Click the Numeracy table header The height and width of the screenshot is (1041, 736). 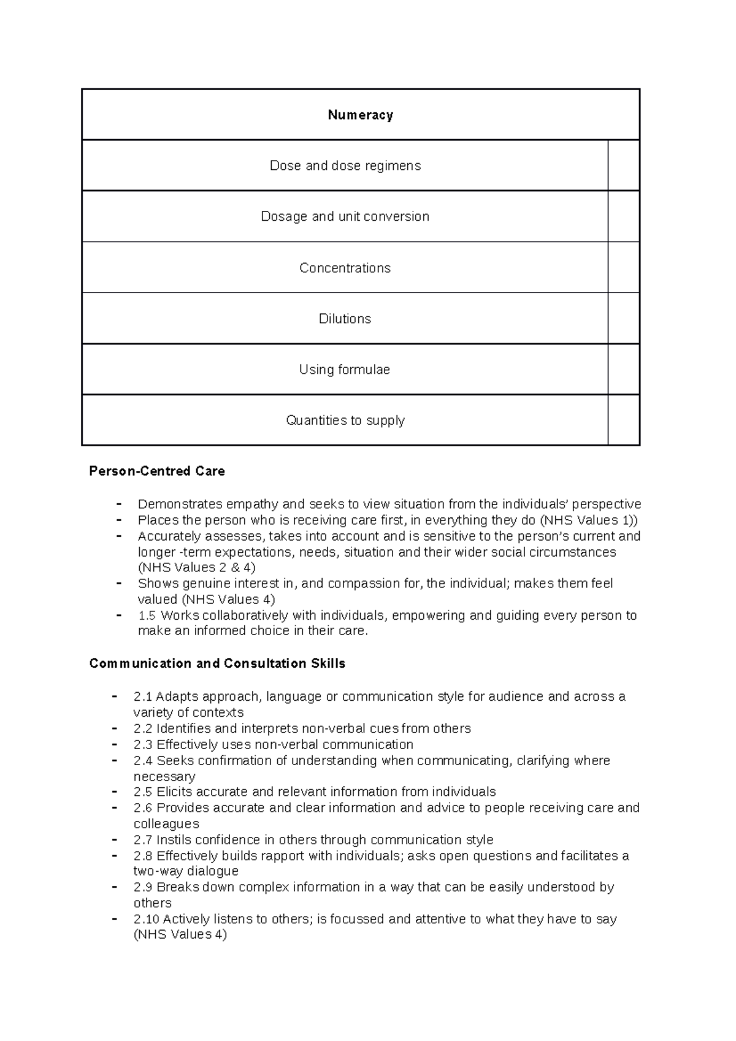tap(360, 115)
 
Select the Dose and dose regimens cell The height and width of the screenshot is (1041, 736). tap(345, 166)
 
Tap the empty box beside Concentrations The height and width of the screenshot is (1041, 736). tap(623, 268)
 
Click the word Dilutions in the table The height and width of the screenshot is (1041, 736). tap(345, 319)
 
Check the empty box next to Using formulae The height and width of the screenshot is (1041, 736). tap(623, 370)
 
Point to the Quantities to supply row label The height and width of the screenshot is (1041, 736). tap(345, 421)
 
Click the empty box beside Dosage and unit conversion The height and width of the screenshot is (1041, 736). tap(623, 216)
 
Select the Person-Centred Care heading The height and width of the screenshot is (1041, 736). tap(157, 471)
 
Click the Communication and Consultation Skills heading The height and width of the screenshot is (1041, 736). tap(217, 664)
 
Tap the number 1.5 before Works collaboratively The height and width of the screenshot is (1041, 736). tap(147, 616)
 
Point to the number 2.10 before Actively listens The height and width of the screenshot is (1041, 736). tap(146, 920)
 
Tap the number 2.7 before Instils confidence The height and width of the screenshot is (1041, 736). tap(143, 840)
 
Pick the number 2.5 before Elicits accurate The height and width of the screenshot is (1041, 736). tap(143, 792)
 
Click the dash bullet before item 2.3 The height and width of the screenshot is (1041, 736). tap(115, 744)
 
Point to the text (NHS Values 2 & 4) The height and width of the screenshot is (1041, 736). tap(197, 568)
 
